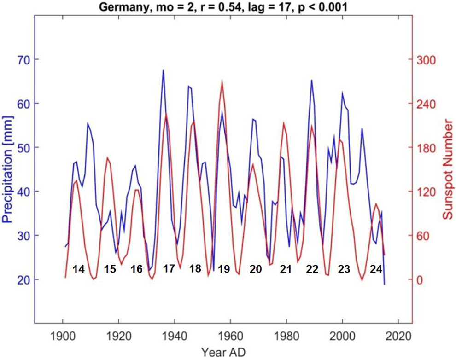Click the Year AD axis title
pyautogui.click(x=223, y=352)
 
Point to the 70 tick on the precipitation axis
pyautogui.click(x=21, y=60)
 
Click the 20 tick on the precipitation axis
pyautogui.click(x=21, y=279)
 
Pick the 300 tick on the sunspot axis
pyautogui.click(x=426, y=60)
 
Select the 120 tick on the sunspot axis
pyautogui.click(x=426, y=192)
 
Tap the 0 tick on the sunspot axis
pyautogui.click(x=419, y=279)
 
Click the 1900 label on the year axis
pyautogui.click(x=63, y=336)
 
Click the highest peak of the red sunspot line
pyautogui.click(x=222, y=81)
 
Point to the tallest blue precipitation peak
pyautogui.click(x=163, y=70)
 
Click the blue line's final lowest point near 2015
pyautogui.click(x=384, y=285)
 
